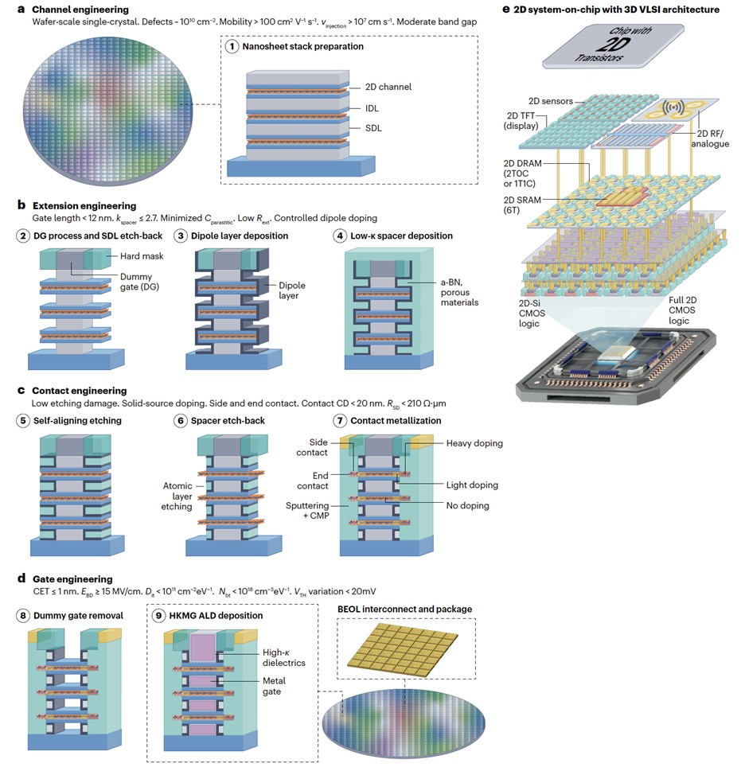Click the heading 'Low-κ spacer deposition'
[x=400, y=236]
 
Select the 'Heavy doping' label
[x=474, y=442]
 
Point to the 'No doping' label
[x=467, y=505]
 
